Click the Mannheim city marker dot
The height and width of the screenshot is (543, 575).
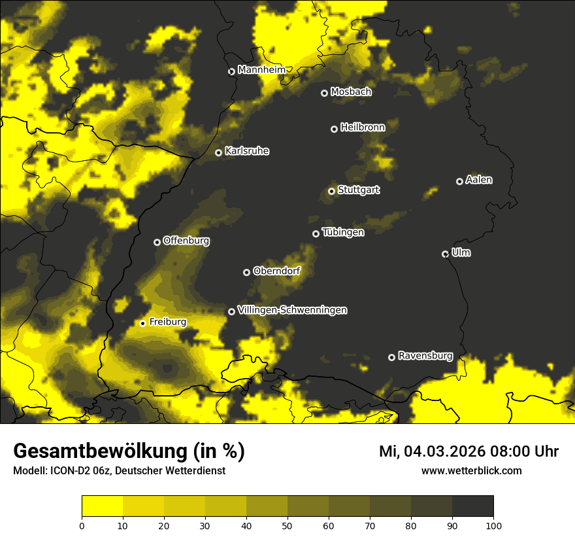coord(231,72)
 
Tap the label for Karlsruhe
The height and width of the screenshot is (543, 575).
coord(247,151)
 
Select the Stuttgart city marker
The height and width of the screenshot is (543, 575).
coord(332,191)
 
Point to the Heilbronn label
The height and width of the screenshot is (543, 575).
coord(363,127)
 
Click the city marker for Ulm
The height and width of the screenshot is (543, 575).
coord(446,254)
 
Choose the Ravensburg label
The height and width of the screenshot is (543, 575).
coord(425,356)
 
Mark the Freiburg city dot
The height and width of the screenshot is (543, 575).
coord(142,323)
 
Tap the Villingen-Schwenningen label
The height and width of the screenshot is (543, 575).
coord(292,310)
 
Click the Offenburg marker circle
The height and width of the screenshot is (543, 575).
coord(157,242)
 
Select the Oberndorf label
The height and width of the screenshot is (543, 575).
coord(277,271)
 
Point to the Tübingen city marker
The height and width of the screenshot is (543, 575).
coord(316,234)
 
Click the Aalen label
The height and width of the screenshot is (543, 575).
coord(479,180)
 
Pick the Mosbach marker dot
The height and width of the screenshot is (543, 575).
coord(324,93)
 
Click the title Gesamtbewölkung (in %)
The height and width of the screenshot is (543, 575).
coord(129,451)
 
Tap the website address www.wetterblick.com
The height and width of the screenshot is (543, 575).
coord(472,470)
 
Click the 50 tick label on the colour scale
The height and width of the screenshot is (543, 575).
coord(287,525)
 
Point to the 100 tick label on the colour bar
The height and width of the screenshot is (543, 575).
coord(493,525)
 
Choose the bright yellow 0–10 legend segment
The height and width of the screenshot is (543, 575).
coord(103,506)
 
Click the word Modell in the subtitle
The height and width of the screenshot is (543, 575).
coord(29,470)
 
